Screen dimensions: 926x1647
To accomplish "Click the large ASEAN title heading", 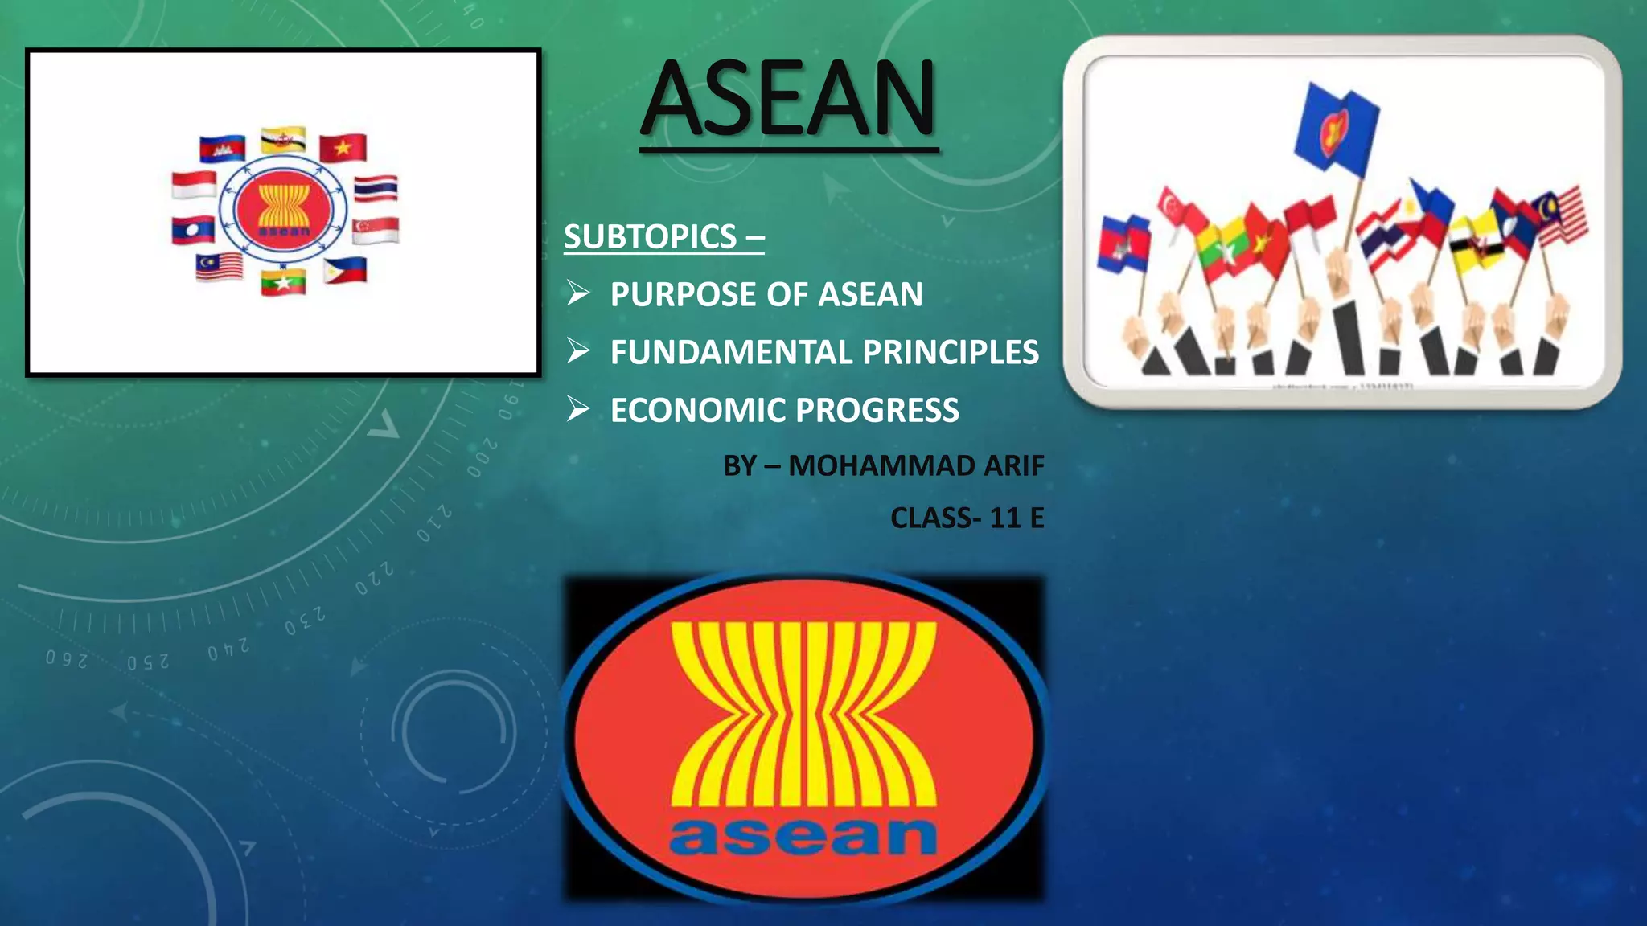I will [x=789, y=100].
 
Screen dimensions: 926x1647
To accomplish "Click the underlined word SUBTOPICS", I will [x=651, y=236].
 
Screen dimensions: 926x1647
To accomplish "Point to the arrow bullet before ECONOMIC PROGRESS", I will [x=578, y=410].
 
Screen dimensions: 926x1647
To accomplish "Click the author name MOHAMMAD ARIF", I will [x=916, y=465].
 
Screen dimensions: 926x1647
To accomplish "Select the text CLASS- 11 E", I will [x=967, y=518].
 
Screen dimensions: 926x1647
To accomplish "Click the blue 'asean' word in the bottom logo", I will [x=803, y=836].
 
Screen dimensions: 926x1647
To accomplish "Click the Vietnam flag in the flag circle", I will [x=343, y=148].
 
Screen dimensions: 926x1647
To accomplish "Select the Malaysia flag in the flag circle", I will [x=219, y=266].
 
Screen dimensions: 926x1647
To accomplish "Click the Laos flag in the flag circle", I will [x=193, y=231].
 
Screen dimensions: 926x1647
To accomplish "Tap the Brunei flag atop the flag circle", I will [x=283, y=140].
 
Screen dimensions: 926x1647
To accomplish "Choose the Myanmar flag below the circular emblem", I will [x=283, y=282].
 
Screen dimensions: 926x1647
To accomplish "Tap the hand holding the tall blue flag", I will [x=1337, y=273].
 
